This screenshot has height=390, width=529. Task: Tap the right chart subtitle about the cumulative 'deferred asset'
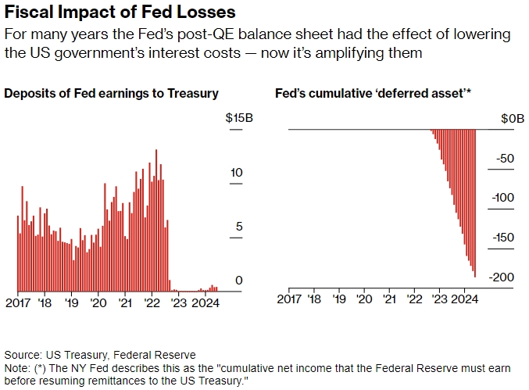[x=374, y=93]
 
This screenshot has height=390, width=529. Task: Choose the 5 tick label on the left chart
[x=239, y=227]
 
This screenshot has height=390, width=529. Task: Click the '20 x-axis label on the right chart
[x=365, y=298]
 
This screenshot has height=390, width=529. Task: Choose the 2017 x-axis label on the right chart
[x=289, y=298]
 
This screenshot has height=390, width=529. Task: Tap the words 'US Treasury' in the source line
[x=73, y=354]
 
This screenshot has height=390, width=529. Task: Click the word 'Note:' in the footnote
[x=16, y=367]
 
